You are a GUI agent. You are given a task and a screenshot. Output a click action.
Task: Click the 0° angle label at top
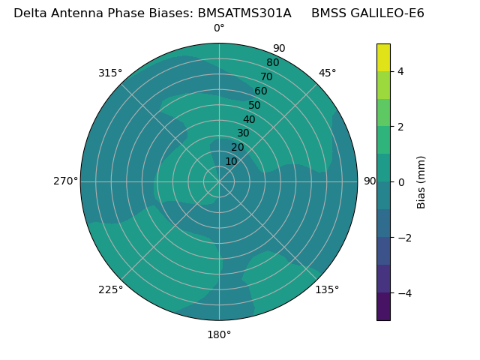tap(219, 28)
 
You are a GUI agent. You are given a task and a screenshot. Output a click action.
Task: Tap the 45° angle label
tap(327, 73)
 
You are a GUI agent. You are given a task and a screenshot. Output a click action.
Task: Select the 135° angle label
tap(327, 289)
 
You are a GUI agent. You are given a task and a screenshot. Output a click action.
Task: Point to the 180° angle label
tap(219, 334)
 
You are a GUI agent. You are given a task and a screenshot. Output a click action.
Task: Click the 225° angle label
tap(110, 289)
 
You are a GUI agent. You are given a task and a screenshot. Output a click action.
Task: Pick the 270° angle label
tap(65, 181)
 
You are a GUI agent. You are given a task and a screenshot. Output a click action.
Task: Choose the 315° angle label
tap(110, 73)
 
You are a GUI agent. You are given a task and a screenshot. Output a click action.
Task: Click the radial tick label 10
tap(231, 161)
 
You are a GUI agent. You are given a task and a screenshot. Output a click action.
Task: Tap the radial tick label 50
tap(255, 105)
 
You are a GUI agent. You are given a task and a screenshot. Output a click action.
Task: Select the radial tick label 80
tap(272, 62)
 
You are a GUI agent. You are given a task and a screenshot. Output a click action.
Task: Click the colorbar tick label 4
tap(400, 71)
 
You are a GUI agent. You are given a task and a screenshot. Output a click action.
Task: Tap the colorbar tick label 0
tap(400, 181)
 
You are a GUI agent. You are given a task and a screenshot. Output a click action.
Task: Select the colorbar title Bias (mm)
tap(421, 181)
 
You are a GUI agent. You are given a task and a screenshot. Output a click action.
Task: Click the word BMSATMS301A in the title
tap(244, 13)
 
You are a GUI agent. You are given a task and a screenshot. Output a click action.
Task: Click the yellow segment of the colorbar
tap(383, 57)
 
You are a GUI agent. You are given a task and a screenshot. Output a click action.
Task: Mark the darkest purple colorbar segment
tap(383, 306)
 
